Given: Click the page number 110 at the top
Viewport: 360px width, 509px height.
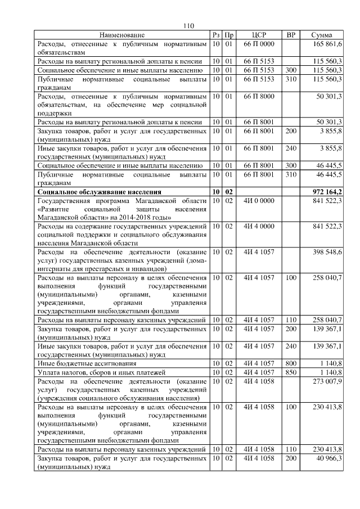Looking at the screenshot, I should (x=188, y=25).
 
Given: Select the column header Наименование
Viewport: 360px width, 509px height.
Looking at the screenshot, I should (x=122, y=35).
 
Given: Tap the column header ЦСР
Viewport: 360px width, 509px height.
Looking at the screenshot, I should (x=259, y=35).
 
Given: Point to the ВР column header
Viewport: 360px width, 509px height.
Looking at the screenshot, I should (x=291, y=35).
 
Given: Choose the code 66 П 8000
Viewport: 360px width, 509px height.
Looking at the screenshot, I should (x=259, y=97).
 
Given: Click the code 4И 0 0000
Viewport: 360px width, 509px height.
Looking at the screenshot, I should (x=259, y=201).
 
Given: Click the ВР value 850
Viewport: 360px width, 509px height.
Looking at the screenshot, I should (x=291, y=372).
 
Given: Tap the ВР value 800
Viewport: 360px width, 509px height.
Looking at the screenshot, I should (x=291, y=364).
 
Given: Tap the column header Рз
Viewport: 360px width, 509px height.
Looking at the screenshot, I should (x=216, y=35).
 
